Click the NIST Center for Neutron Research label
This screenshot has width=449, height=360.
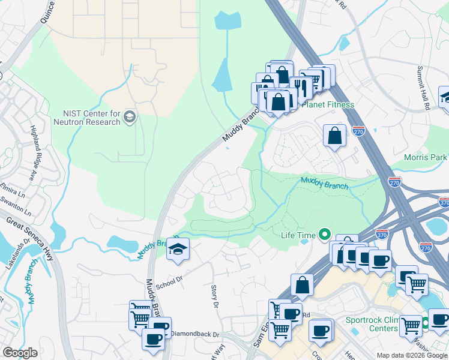(x=91, y=118)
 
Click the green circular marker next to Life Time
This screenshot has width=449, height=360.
(x=325, y=234)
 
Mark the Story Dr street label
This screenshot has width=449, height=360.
(x=214, y=297)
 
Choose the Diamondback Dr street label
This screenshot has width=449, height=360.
(x=194, y=333)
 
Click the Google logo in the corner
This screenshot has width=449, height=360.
(x=20, y=353)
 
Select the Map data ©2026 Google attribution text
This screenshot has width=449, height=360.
(x=411, y=355)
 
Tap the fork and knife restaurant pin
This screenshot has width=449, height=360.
(x=300, y=88)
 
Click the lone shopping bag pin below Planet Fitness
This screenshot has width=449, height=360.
(x=334, y=135)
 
